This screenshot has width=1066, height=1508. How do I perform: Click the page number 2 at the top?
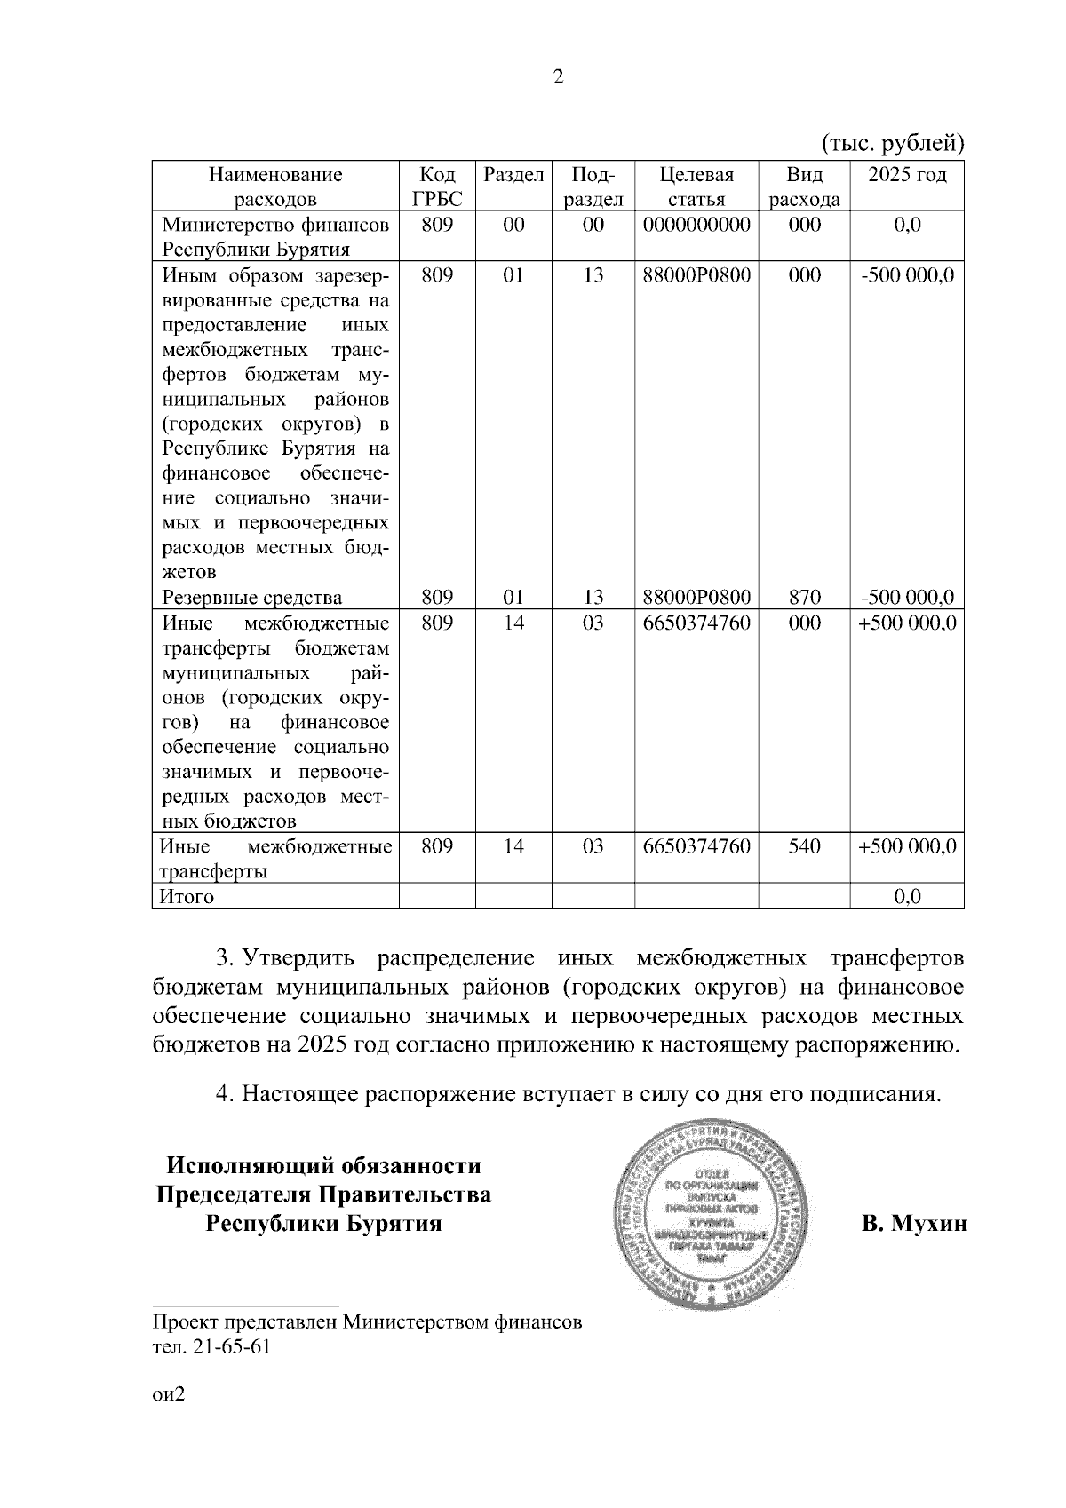[x=558, y=77]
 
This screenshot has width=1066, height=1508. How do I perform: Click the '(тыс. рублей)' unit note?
[x=891, y=142]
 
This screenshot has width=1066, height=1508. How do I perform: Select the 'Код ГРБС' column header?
[x=437, y=187]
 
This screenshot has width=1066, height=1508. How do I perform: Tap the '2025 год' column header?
[x=907, y=174]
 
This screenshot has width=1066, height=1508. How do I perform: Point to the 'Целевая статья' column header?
[x=696, y=187]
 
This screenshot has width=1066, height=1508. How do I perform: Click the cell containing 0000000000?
[x=696, y=225]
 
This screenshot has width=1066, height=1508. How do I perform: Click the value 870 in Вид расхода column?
[x=804, y=597]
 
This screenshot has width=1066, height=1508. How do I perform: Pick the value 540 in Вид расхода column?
[x=804, y=846]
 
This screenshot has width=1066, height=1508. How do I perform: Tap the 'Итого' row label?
[x=187, y=897]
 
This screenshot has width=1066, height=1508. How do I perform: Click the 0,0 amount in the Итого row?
[x=907, y=897]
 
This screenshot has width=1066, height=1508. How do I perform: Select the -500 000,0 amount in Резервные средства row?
[x=907, y=597]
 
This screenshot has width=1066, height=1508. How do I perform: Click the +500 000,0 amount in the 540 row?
[x=907, y=846]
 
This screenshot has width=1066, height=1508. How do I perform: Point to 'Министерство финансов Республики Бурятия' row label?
[x=274, y=237]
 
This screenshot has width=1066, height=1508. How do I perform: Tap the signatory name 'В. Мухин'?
[x=913, y=1225]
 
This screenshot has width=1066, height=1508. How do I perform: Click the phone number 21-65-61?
[x=230, y=1346]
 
